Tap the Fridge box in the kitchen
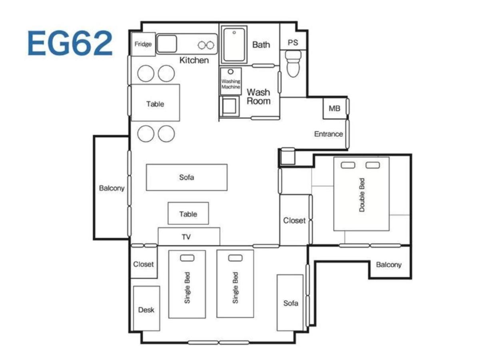(x=143, y=44)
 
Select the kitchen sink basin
(x=167, y=44)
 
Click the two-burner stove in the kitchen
(x=206, y=45)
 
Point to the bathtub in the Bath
(x=234, y=44)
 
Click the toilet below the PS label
(x=293, y=65)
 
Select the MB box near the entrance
(x=334, y=108)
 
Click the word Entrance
(x=328, y=134)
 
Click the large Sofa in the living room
(x=186, y=177)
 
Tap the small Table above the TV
(x=188, y=214)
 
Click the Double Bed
(x=361, y=194)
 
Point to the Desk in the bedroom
(x=146, y=309)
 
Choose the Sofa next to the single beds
(x=290, y=303)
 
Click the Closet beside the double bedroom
(x=295, y=220)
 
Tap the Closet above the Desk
(x=143, y=264)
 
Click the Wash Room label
(x=258, y=97)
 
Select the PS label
(x=293, y=42)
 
